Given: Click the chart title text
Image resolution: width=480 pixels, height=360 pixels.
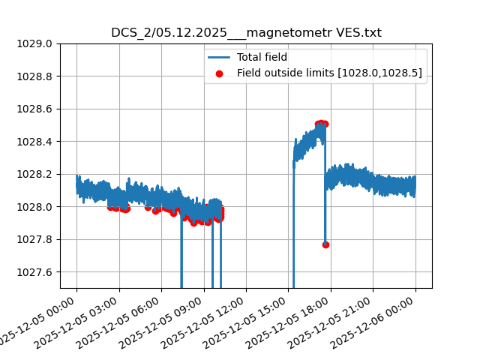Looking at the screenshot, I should [x=246, y=33].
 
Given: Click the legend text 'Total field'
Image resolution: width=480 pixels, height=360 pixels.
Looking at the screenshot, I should [x=262, y=57].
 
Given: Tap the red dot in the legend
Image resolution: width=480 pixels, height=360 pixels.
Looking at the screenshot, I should [x=219, y=73].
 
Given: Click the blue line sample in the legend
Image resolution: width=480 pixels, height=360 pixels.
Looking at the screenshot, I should [x=219, y=57].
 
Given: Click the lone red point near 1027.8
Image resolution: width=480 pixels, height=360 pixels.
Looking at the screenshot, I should [x=325, y=244].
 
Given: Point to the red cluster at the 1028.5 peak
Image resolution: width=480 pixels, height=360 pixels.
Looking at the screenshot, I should [x=322, y=124].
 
